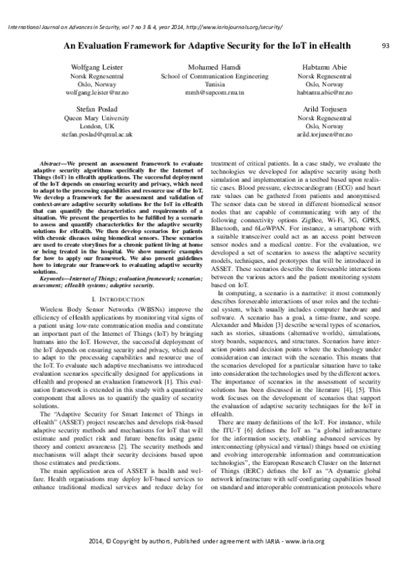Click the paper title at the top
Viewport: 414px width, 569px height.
tap(207, 45)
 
